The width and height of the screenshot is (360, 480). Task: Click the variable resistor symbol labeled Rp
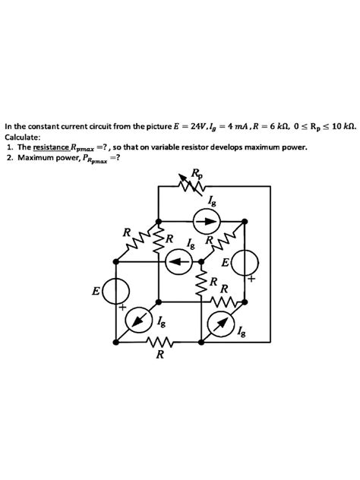click(x=190, y=183)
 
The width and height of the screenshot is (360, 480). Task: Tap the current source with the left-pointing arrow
click(x=177, y=263)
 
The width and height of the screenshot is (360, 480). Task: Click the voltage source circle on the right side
click(x=246, y=263)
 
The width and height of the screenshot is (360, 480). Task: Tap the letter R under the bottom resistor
click(x=159, y=359)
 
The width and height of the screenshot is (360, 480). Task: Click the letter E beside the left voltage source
click(x=96, y=291)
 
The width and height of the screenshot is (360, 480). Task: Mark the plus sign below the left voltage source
click(x=121, y=310)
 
